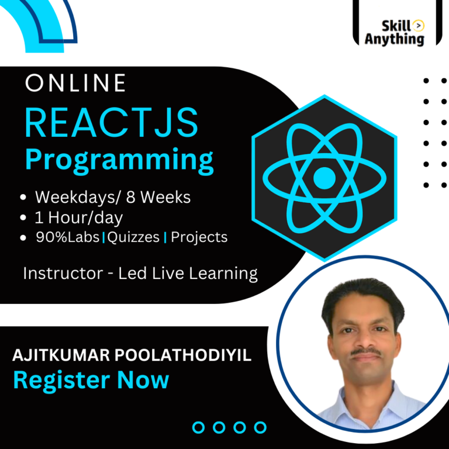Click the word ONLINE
(75, 84)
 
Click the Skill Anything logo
(395, 32)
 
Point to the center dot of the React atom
(324, 177)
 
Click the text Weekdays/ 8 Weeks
(113, 198)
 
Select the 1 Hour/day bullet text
(79, 217)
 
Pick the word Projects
(199, 237)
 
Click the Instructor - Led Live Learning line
(140, 273)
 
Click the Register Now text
(91, 381)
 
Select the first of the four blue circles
(199, 427)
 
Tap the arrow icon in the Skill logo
(418, 25)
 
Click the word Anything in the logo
(395, 40)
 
